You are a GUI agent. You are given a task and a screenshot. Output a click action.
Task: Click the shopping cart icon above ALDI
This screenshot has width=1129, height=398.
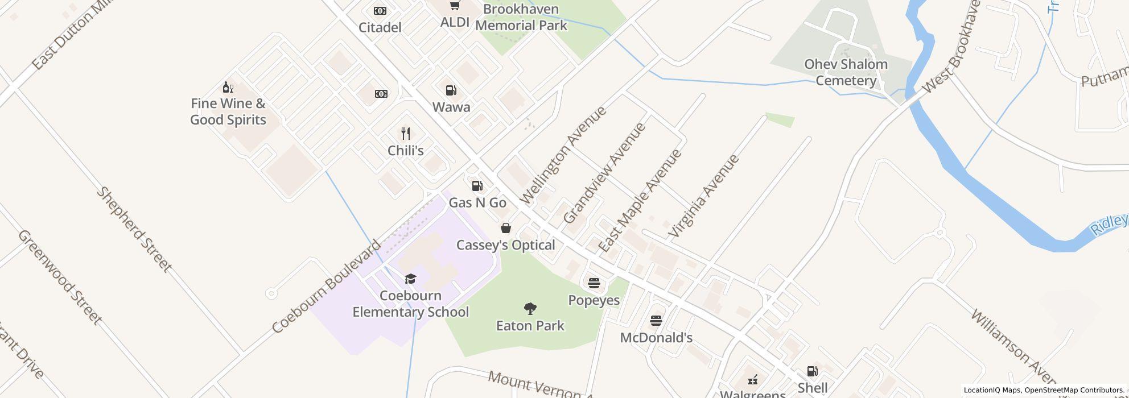pyautogui.click(x=455, y=6)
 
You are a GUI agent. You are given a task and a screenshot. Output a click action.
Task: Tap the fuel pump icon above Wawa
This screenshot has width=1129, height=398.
pyautogui.click(x=451, y=90)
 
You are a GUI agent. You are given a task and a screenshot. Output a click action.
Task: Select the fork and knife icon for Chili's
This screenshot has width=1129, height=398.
pyautogui.click(x=406, y=134)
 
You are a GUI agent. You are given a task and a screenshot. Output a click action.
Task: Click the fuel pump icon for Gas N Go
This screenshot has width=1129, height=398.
pyautogui.click(x=477, y=186)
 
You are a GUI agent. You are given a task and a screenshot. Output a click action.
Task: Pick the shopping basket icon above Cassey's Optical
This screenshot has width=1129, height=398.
pyautogui.click(x=505, y=229)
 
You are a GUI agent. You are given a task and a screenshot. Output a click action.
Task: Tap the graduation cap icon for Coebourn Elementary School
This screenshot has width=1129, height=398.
pyautogui.click(x=410, y=279)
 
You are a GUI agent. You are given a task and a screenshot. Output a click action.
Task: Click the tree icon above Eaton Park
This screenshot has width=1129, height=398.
pyautogui.click(x=530, y=309)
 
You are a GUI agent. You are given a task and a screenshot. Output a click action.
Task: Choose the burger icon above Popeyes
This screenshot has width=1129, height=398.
pyautogui.click(x=594, y=283)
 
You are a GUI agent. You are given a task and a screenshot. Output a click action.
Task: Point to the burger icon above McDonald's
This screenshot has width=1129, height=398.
pyautogui.click(x=656, y=321)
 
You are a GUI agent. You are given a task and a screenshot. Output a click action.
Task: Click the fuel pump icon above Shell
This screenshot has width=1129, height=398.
pyautogui.click(x=813, y=371)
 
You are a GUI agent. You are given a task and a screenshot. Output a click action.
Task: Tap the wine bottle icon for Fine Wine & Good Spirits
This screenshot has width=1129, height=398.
pyautogui.click(x=228, y=87)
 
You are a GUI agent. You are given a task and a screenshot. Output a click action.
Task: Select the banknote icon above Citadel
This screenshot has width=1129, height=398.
pyautogui.click(x=380, y=11)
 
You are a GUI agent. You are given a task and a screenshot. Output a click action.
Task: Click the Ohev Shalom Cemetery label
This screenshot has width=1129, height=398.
pyautogui.click(x=846, y=72)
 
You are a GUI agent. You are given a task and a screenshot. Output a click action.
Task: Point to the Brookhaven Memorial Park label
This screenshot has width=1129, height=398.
pyautogui.click(x=521, y=17)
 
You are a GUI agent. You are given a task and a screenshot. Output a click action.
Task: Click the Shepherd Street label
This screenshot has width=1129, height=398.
pyautogui.click(x=134, y=229)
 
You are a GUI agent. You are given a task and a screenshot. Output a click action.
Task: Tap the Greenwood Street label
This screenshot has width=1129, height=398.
pyautogui.click(x=60, y=277)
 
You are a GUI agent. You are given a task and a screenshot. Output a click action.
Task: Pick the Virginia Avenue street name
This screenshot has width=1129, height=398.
pyautogui.click(x=704, y=196)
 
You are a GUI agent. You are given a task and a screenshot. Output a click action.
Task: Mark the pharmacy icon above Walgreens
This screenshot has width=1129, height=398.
pyautogui.click(x=752, y=379)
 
